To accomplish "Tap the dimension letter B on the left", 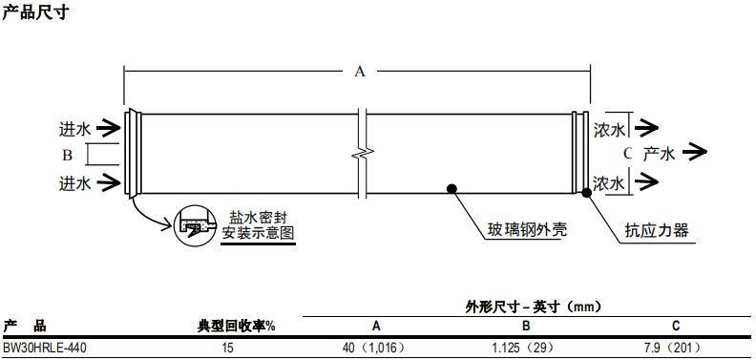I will (68, 154).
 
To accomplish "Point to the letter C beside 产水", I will (627, 153).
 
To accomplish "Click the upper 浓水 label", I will (610, 127).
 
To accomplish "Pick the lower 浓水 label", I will (610, 182).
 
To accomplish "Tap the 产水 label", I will (659, 153).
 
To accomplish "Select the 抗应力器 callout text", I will (657, 230).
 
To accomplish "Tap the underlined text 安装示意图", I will (258, 233).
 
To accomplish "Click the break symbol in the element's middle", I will (361, 151).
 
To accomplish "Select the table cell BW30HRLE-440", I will (44, 349).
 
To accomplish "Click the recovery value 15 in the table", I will (228, 349).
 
